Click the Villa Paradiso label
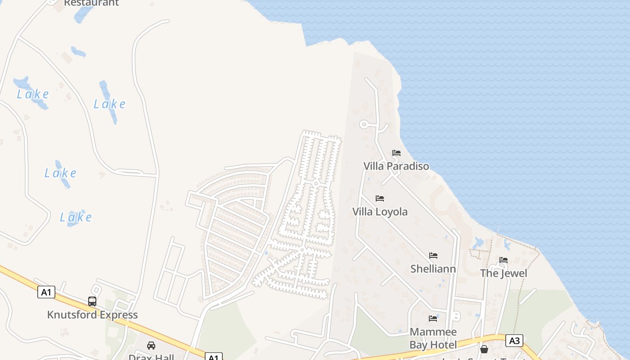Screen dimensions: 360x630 396,166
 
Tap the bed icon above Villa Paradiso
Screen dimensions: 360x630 396,153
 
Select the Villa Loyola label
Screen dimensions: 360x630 380,211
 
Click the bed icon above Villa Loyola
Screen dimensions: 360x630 380,198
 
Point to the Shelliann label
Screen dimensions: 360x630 433,269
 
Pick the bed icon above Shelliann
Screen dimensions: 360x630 433,256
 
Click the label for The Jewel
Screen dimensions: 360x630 504,273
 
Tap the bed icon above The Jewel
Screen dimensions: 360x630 504,260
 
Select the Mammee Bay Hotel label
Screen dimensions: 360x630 433,338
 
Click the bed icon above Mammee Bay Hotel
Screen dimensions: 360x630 433,319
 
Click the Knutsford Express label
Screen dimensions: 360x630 92,315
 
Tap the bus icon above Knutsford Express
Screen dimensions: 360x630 92,301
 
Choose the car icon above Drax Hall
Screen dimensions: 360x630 151,346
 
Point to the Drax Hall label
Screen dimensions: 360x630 151,357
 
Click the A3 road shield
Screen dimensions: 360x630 514,341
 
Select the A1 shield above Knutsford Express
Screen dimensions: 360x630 46,292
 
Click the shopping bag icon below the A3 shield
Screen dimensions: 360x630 484,349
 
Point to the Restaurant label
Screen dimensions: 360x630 91,3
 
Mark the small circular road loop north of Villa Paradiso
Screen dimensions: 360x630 364,124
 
